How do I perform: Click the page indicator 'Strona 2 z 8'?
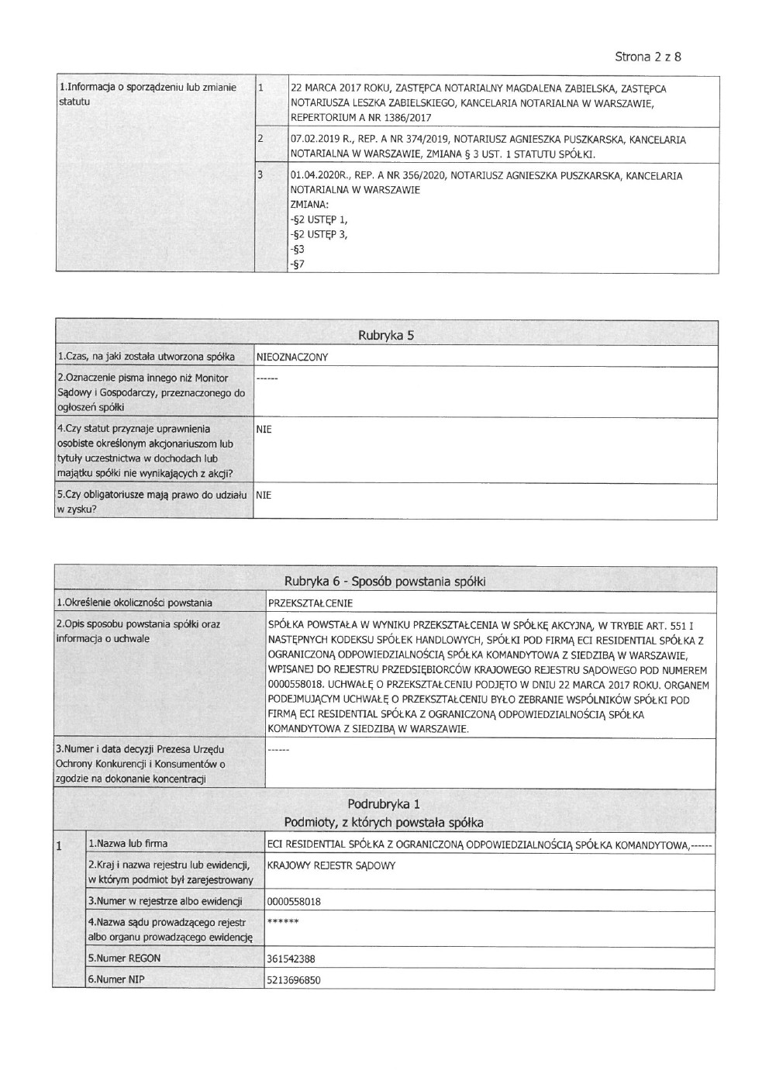click(647, 57)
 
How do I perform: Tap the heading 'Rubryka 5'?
click(384, 336)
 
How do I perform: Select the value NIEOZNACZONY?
click(291, 357)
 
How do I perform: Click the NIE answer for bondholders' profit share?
click(264, 494)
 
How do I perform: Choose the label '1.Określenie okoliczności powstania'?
click(134, 603)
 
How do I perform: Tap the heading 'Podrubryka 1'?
click(384, 804)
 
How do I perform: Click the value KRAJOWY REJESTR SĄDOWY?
click(331, 865)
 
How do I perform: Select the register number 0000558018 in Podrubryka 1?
click(294, 902)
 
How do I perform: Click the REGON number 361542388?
click(291, 958)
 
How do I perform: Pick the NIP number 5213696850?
click(294, 980)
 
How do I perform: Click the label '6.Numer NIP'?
click(116, 979)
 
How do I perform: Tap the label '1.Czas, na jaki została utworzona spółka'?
click(146, 357)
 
